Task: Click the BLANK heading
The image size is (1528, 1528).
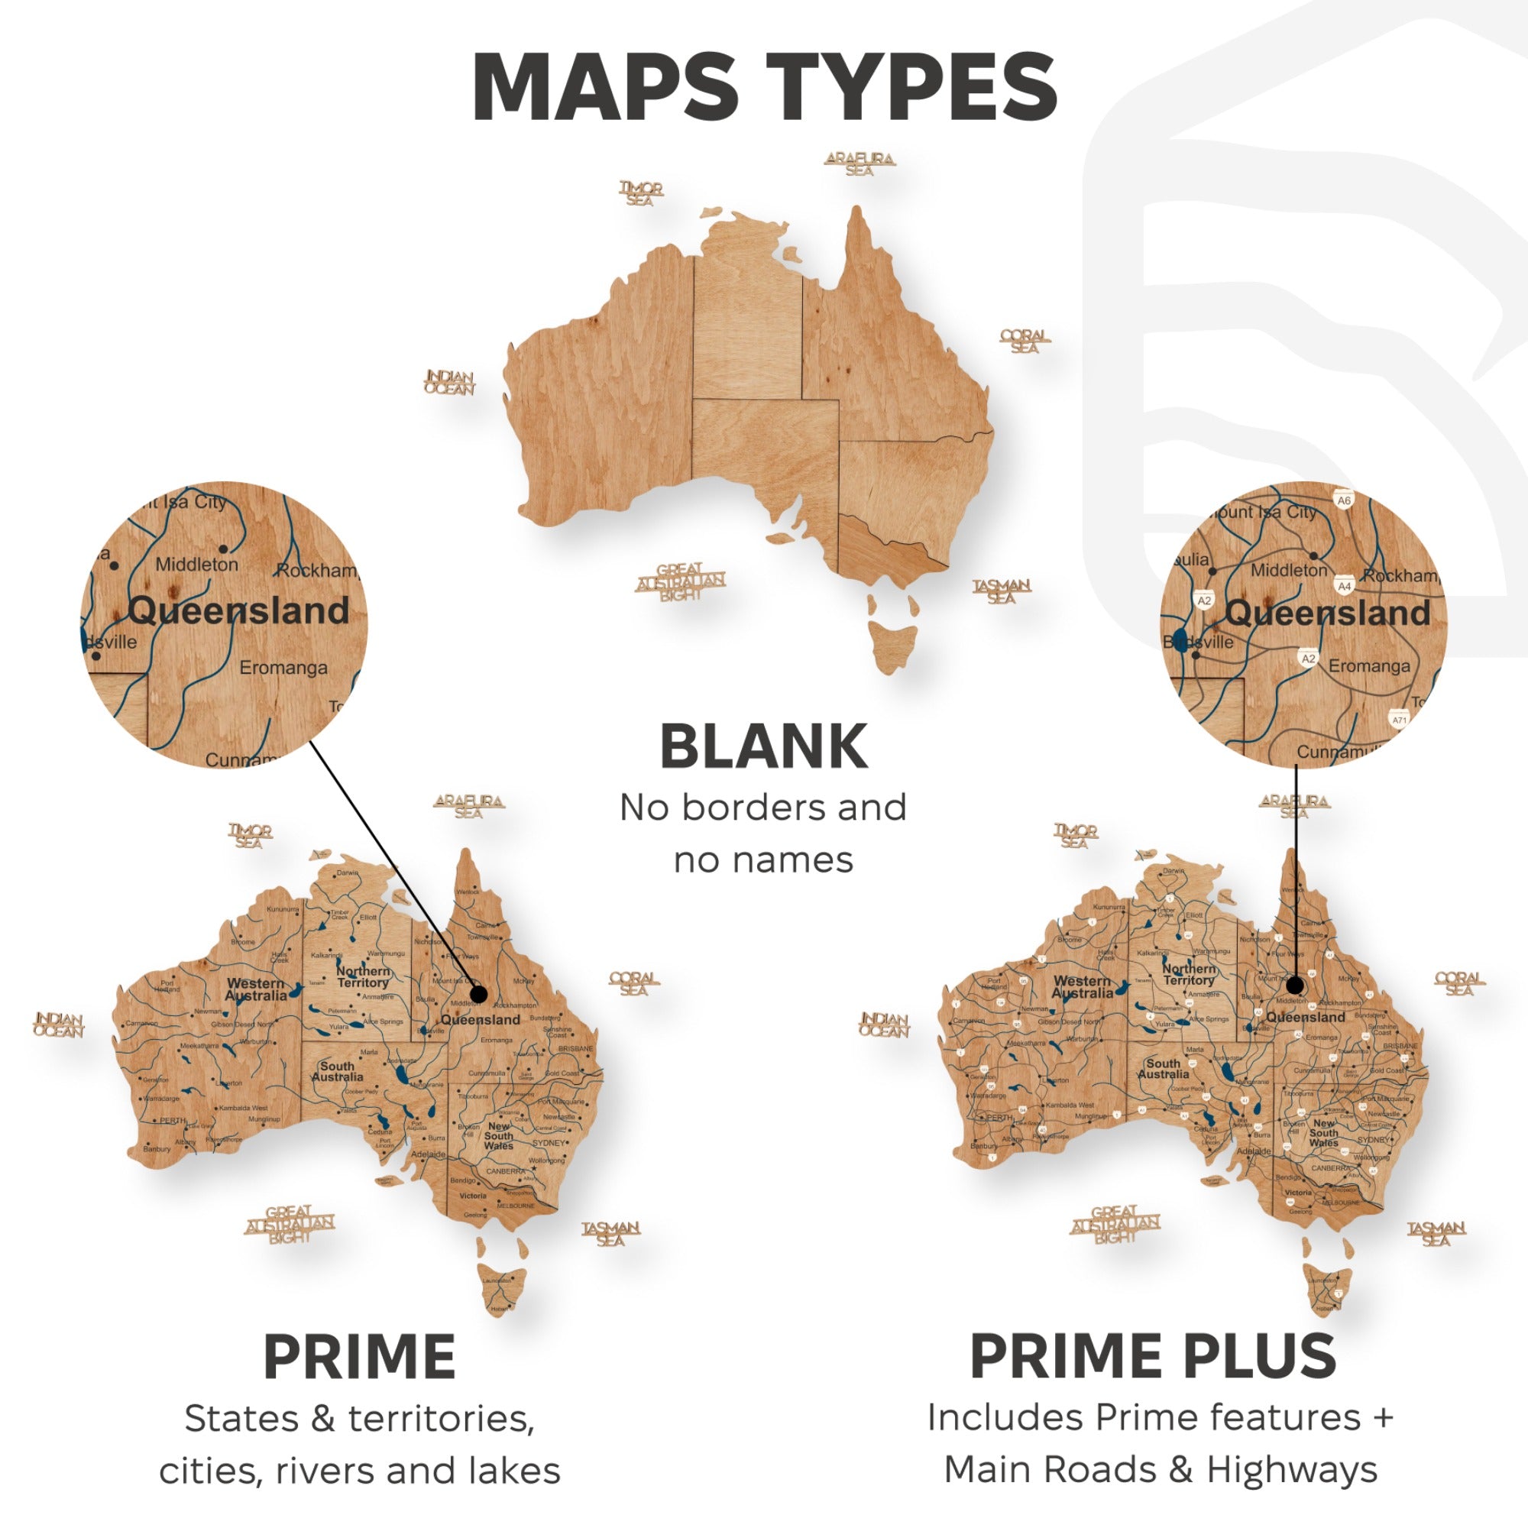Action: (763, 746)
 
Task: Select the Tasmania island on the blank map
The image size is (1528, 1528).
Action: (893, 645)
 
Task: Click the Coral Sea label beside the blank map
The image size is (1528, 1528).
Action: (1025, 341)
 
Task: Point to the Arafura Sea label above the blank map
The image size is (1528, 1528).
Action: (859, 163)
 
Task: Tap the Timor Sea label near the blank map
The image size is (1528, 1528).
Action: (641, 194)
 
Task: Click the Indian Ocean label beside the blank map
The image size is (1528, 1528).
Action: (449, 383)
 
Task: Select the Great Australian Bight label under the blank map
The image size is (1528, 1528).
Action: (680, 582)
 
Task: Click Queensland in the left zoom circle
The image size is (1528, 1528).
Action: (238, 610)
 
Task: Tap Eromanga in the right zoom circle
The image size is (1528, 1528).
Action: (1369, 666)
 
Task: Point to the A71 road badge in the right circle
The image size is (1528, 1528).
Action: (1400, 720)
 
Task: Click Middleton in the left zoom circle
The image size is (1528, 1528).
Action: (196, 565)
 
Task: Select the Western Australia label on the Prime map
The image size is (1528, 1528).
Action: (255, 989)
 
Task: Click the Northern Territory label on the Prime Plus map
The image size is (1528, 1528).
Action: (1189, 973)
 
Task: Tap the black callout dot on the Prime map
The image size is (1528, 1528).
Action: (477, 993)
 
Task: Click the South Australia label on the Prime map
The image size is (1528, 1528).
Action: (338, 1071)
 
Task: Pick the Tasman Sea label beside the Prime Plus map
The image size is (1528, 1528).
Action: (1436, 1234)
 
